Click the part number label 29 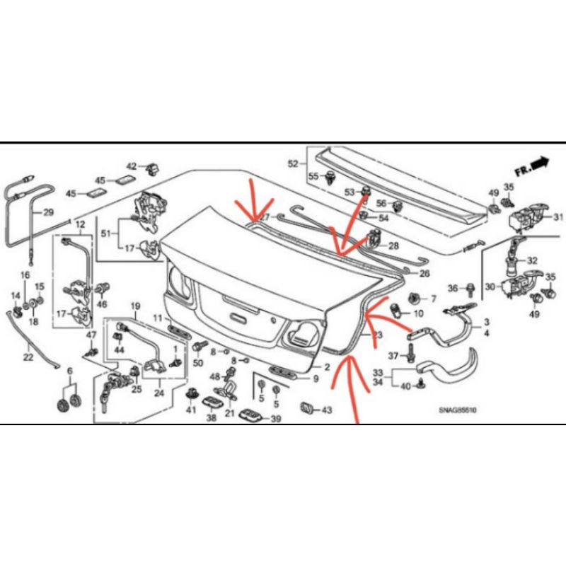pos(48,212)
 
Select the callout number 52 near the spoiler pos(293,164)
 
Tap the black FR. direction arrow pos(540,163)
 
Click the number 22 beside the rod pos(28,358)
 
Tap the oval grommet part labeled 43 pos(307,408)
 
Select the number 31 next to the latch pos(558,216)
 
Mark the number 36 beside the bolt pos(454,287)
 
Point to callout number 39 pos(275,419)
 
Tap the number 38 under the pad pos(211,418)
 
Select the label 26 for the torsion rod pos(424,273)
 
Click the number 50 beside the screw pos(197,363)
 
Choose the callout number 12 pos(79,224)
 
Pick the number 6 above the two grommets pos(69,371)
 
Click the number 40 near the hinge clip pos(405,386)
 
